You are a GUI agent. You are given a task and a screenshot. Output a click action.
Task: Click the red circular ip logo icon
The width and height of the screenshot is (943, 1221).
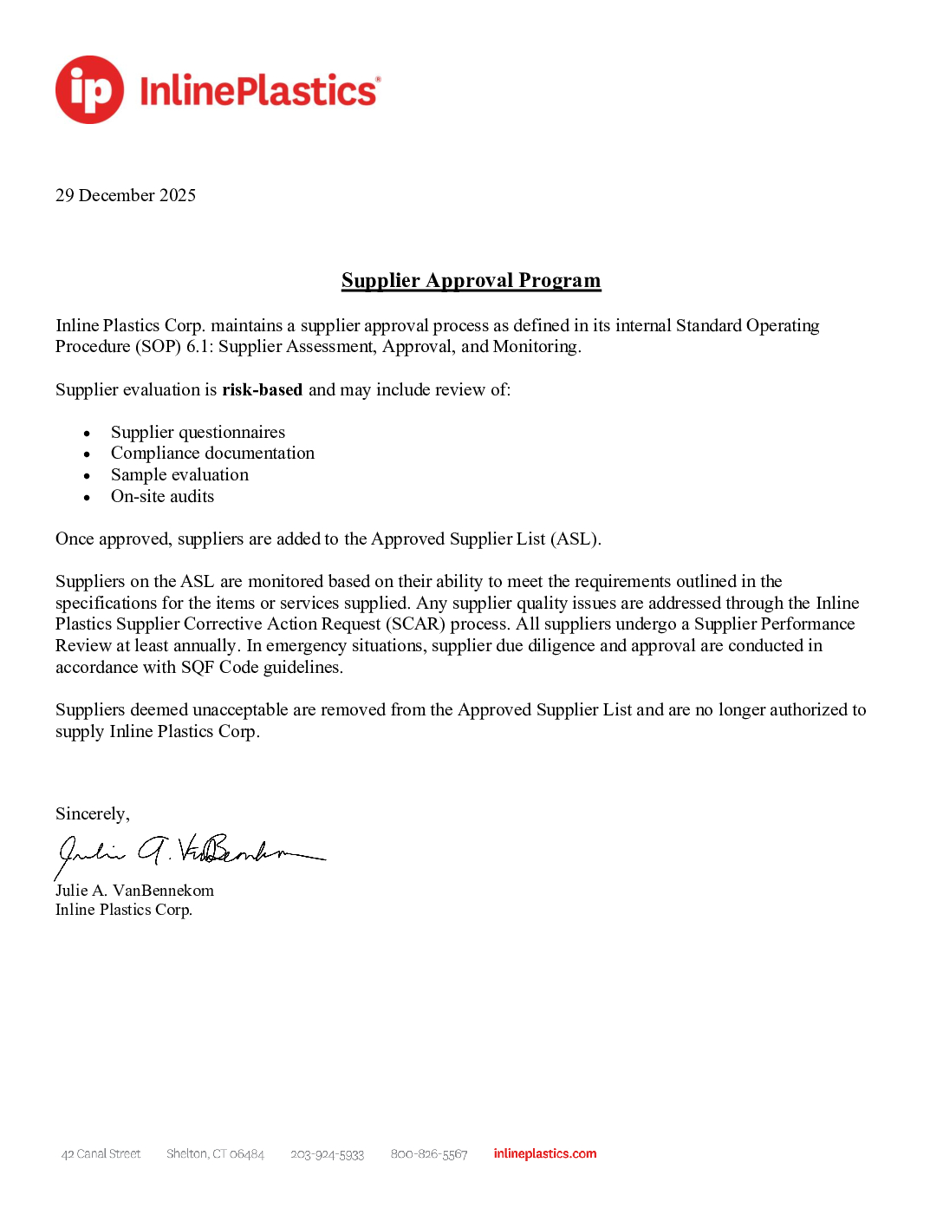point(89,90)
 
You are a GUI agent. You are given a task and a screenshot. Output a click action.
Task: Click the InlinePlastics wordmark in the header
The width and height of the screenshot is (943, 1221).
point(258,91)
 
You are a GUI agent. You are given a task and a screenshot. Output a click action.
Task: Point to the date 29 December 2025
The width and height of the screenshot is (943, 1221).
point(126,195)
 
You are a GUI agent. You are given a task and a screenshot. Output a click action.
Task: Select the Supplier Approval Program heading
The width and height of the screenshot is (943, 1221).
point(471,280)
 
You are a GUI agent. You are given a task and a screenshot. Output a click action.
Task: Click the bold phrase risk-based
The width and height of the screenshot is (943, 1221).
point(262,389)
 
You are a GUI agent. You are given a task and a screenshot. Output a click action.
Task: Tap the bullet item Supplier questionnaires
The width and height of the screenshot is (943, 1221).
point(198,432)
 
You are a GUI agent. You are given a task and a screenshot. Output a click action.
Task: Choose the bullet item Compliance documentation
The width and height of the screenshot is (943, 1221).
point(212,453)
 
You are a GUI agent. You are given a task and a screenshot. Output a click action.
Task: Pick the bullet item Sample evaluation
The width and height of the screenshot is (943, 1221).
point(179,474)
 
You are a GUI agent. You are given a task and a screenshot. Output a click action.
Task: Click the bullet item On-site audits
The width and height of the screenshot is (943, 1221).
point(162,496)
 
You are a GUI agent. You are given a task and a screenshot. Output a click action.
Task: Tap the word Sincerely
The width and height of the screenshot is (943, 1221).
point(92,813)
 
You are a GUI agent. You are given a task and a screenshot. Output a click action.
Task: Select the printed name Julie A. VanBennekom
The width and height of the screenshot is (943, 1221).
point(134,891)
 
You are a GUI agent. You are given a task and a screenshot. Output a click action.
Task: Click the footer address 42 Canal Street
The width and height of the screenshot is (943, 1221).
point(101,1153)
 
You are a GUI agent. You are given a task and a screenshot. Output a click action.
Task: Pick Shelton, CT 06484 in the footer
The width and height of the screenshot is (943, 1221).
point(215,1153)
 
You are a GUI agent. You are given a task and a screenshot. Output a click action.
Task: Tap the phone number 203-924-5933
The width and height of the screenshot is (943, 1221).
point(327,1154)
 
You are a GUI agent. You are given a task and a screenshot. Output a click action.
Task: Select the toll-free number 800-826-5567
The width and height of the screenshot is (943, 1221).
point(428,1154)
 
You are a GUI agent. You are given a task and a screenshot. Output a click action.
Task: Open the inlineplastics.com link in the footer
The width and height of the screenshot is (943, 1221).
point(544,1153)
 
